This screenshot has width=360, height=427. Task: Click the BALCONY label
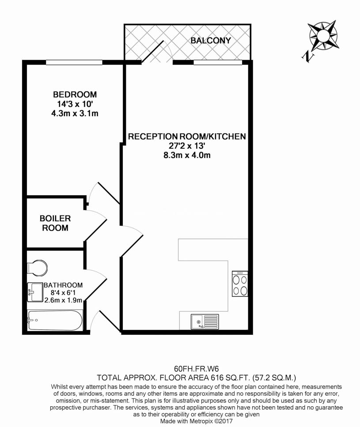coord(211,41)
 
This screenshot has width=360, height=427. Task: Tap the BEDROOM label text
coord(75,94)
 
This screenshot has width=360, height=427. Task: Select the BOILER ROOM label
coord(55,223)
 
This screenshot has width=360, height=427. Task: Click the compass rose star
coord(323,35)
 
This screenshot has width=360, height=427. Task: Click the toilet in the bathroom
coord(37,267)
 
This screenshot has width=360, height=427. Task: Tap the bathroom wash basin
coord(35,292)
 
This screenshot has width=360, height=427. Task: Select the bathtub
coord(54,320)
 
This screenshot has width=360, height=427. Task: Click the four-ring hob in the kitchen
coord(240,283)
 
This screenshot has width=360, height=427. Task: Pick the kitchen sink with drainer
coord(205,321)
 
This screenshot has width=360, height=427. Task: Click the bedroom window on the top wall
coord(74,62)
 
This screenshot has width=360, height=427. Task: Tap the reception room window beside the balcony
coord(218,62)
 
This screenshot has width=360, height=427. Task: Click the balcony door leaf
coord(152,52)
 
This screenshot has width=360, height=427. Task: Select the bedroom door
coord(109,193)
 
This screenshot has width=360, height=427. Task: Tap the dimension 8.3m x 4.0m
coord(187,155)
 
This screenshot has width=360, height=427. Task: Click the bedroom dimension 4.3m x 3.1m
coord(75,113)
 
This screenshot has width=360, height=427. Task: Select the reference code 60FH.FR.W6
coord(196,369)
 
